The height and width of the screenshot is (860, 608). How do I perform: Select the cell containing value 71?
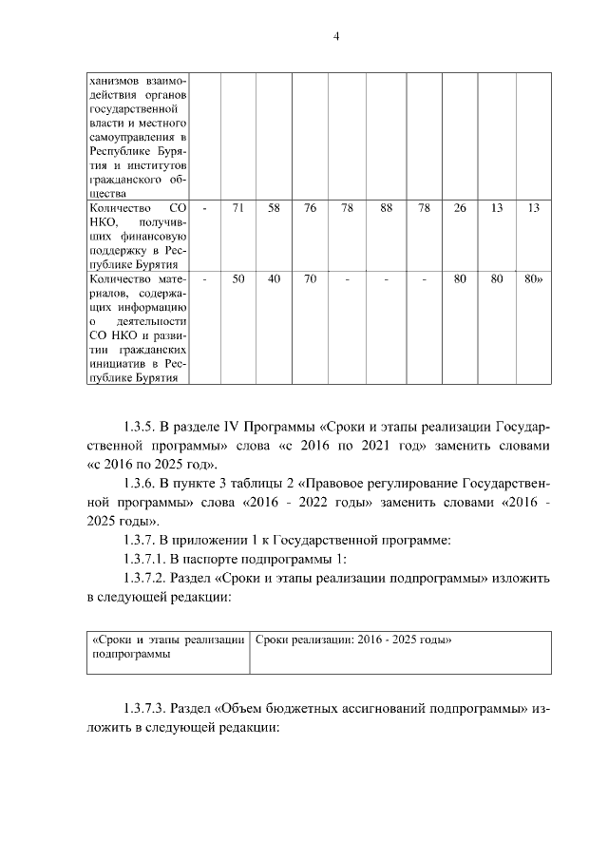pos(238,208)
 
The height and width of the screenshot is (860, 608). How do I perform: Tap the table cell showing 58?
pos(274,208)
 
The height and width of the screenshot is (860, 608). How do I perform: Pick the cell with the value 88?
pos(386,208)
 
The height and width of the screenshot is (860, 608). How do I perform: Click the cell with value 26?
pos(460,208)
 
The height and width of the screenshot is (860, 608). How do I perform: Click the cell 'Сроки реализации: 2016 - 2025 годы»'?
pos(353,640)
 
